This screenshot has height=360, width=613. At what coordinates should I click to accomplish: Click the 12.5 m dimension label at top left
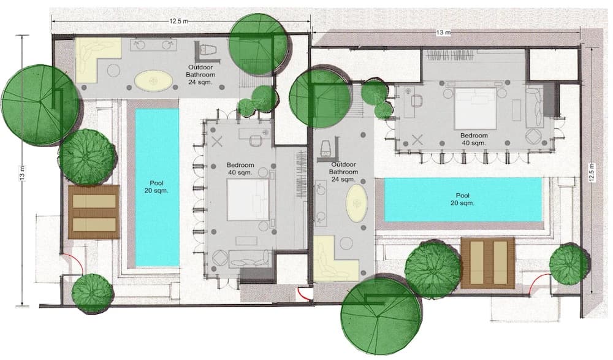(178, 21)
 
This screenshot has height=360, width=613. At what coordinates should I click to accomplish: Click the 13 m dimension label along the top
(443, 33)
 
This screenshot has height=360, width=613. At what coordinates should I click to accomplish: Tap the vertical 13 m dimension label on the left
(23, 172)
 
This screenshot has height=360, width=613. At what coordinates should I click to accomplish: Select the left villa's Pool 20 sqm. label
(156, 186)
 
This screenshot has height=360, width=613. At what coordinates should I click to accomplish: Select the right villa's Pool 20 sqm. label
(462, 199)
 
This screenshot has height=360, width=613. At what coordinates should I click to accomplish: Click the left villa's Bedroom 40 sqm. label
(240, 169)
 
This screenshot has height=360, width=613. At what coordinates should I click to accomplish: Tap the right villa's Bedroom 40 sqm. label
(474, 139)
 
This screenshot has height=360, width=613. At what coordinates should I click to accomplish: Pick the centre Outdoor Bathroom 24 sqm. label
(343, 172)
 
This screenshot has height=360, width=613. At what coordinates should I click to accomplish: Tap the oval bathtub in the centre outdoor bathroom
(357, 204)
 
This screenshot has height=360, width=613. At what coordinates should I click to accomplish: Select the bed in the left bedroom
(248, 199)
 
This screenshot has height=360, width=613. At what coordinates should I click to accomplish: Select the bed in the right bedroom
(475, 109)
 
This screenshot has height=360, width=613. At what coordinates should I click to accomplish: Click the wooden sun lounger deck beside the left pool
(94, 212)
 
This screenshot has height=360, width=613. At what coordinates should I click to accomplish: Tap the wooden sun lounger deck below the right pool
(488, 262)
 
